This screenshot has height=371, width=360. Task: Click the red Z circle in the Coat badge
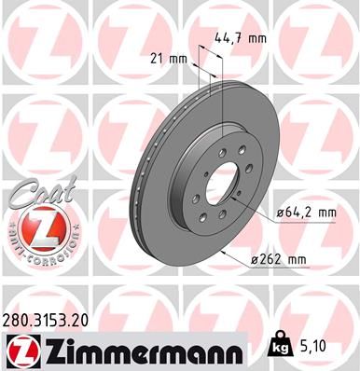34,225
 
